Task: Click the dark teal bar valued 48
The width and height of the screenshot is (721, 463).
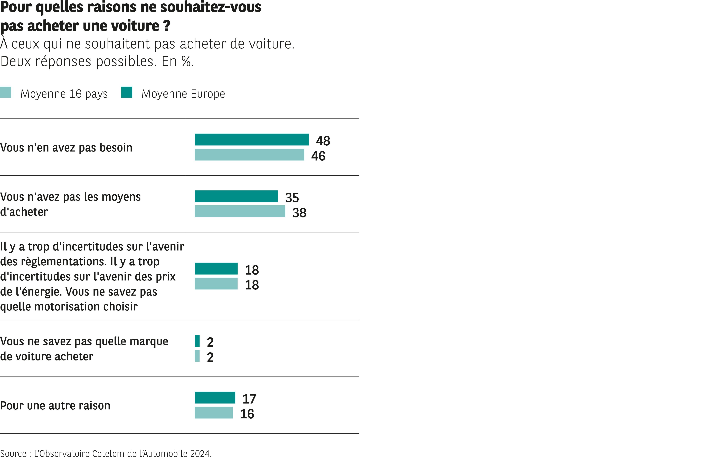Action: click(x=252, y=139)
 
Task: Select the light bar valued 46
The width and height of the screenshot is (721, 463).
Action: click(x=249, y=155)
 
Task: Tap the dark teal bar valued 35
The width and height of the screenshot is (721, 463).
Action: click(x=236, y=196)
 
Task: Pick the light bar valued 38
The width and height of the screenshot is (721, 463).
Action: click(x=240, y=211)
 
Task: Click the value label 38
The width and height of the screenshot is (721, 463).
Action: click(x=299, y=213)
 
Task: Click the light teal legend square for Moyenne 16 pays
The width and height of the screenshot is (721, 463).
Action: click(x=5, y=92)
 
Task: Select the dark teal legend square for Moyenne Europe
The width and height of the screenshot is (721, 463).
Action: click(x=127, y=92)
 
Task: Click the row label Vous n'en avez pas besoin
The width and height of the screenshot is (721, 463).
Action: click(x=66, y=148)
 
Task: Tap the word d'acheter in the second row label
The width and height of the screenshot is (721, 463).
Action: click(x=24, y=212)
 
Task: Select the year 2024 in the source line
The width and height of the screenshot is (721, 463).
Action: click(x=200, y=453)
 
